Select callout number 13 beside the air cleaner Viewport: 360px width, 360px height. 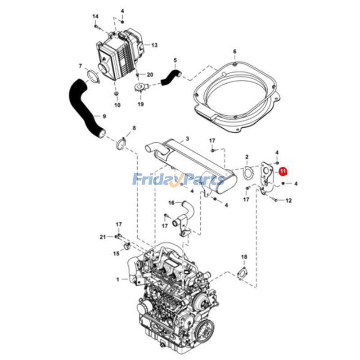154,45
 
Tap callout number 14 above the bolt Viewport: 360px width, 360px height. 95,17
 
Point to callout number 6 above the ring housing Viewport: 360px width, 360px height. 234,52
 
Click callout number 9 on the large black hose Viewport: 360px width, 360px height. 104,117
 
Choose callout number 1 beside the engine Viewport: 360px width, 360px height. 118,279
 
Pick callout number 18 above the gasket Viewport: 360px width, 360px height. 243,257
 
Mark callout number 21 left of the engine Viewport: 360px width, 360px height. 103,236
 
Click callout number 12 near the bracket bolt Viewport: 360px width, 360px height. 289,200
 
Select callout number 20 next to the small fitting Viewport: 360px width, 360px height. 150,74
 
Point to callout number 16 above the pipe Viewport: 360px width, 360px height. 171,203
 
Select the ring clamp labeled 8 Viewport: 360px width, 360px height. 121,144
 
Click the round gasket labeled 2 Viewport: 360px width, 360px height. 247,172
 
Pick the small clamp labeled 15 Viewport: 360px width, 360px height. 127,246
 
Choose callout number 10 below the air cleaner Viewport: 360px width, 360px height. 117,106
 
